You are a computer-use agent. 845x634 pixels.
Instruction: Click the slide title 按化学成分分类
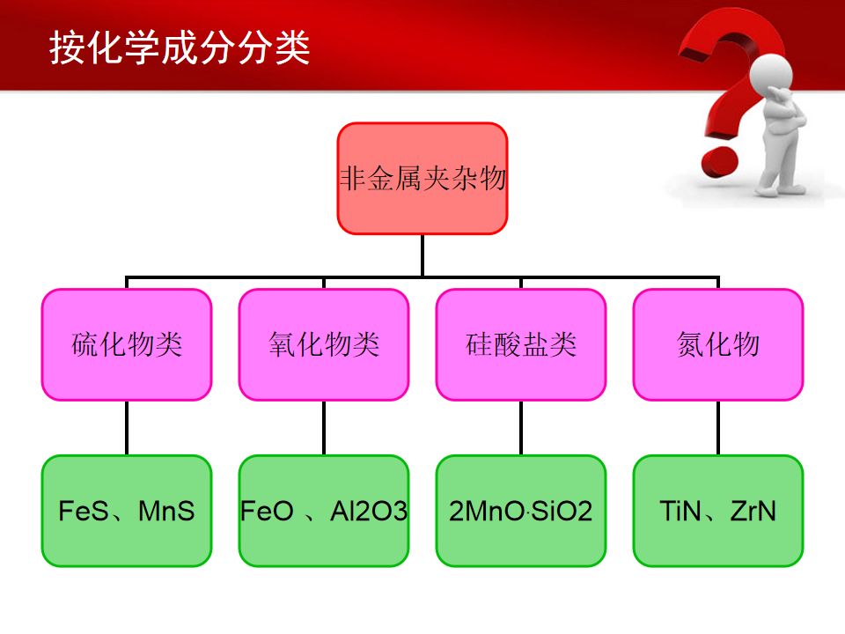180,48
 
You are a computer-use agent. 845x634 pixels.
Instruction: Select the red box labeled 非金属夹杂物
422,179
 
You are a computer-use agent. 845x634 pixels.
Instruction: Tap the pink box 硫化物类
127,344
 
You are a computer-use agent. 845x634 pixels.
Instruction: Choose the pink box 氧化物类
324,344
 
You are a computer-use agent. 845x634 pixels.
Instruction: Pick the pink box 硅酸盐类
521,344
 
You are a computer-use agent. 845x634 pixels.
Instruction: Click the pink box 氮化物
718,344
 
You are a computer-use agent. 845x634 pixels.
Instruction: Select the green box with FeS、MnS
127,511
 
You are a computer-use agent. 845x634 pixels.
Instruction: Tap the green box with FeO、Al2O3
324,511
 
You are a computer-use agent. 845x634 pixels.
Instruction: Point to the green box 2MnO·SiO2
521,511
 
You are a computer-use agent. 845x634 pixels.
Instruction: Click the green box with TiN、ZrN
718,511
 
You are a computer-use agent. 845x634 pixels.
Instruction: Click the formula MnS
166,511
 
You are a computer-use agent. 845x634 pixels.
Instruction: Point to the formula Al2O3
369,511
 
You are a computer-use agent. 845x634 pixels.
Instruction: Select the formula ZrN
753,511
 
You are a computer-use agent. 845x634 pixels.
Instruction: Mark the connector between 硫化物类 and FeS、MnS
127,428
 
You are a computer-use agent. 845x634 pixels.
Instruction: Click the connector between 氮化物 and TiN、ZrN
718,428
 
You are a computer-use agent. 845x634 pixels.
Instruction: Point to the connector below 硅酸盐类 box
521,428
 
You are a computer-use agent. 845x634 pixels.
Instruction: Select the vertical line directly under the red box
422,255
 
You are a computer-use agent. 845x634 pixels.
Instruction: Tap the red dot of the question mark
720,159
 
